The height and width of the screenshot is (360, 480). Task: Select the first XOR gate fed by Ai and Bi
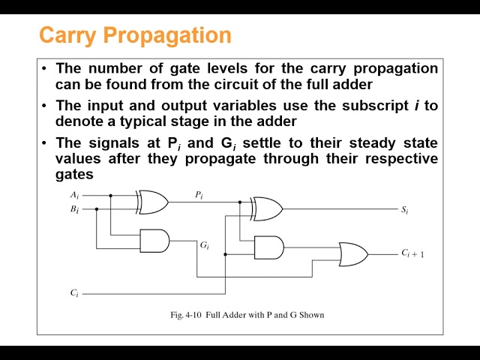coord(152,201)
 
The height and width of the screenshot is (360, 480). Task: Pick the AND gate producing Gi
coord(154,240)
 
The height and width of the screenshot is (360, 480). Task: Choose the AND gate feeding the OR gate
coord(269,247)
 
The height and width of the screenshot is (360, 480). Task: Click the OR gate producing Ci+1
coord(353,254)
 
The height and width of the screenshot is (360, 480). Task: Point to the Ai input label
coord(74,195)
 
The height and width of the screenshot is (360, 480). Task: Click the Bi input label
coord(74,209)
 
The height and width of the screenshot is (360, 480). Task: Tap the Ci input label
coord(74,293)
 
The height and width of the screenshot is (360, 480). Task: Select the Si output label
coord(404,210)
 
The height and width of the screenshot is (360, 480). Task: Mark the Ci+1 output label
coord(412,254)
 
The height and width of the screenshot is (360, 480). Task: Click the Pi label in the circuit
coord(199,195)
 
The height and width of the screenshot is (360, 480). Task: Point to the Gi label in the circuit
coord(204,245)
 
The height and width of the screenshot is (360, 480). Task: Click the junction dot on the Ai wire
coord(111,195)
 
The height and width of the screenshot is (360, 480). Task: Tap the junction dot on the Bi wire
coord(97,208)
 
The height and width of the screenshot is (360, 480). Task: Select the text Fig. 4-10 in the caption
coord(187,315)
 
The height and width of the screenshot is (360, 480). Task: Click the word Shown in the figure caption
coord(310,315)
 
